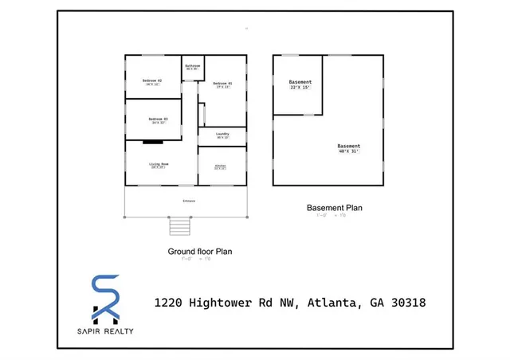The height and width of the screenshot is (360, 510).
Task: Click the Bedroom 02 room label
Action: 152,82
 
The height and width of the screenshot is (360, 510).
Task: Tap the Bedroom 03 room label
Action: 159,120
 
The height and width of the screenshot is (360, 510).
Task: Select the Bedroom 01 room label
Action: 222,84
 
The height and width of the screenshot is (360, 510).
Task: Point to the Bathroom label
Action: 192,67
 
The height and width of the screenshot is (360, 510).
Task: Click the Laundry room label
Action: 222,135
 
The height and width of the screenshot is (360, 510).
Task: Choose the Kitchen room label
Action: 220,166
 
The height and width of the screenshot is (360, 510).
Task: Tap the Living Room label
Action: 159,165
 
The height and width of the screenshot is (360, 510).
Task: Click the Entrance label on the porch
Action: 189,201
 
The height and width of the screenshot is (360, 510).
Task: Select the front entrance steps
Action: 180,227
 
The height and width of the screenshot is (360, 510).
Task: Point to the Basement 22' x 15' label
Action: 300,84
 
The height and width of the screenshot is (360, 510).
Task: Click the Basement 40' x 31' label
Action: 348,148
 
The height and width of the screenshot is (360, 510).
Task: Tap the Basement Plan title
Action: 335,208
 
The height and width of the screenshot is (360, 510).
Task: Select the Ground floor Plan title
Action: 199,251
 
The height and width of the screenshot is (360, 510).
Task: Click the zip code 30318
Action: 405,303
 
